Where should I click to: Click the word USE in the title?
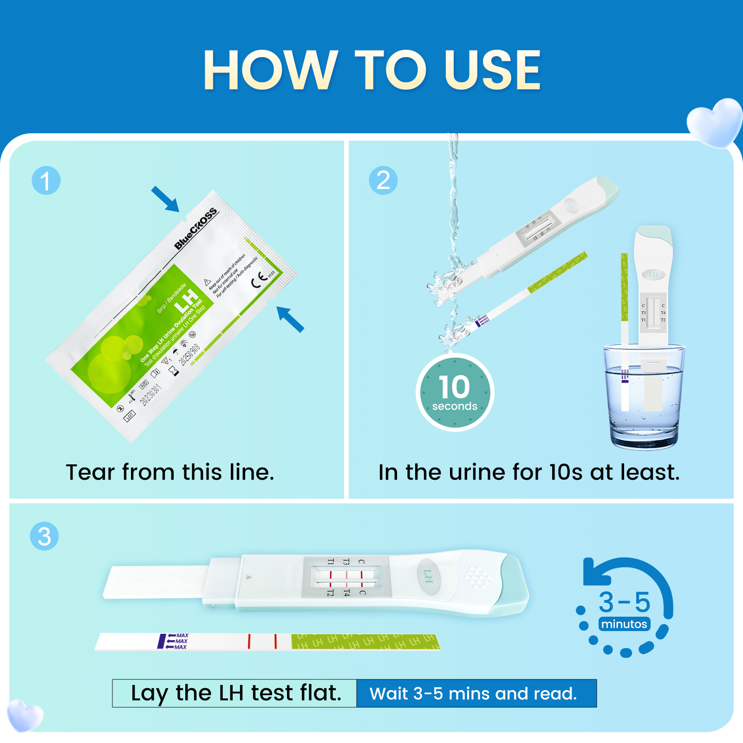[x=492, y=71]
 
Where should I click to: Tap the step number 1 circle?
[x=46, y=181]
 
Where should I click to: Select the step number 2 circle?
[x=383, y=181]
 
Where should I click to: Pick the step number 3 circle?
[x=45, y=536]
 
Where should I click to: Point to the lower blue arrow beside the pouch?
[x=290, y=319]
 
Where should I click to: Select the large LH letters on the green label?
[x=187, y=301]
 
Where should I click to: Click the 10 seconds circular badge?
[x=455, y=393]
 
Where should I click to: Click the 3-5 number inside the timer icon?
[x=625, y=602]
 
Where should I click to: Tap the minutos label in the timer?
[x=624, y=624]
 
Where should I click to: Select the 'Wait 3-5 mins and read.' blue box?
[x=476, y=693]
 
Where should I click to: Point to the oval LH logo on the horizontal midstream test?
[x=428, y=576]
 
